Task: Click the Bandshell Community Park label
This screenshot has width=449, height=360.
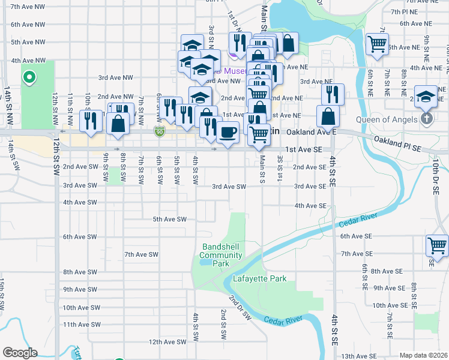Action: tap(221, 255)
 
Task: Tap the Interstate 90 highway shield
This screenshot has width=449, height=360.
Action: tap(159, 131)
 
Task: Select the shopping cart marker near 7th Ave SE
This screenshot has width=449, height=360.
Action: tap(437, 245)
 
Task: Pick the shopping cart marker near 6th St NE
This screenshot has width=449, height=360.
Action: tap(377, 43)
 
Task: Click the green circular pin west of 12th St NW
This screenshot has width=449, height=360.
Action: tap(28, 77)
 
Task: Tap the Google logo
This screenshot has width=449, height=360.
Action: tap(20, 353)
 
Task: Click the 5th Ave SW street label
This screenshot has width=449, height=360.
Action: tap(170, 219)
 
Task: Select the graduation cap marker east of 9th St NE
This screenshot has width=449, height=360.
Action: tap(425, 95)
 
